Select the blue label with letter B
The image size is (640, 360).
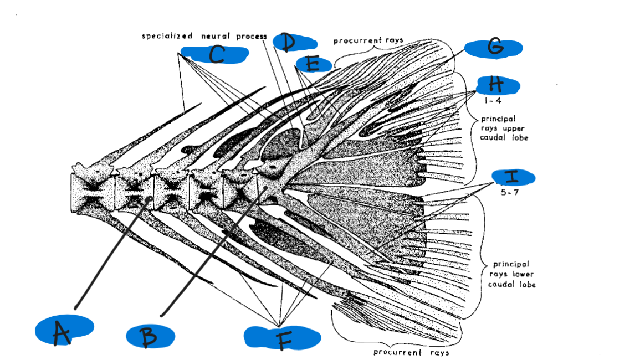coord(150,336)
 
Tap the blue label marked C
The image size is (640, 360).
coord(214,54)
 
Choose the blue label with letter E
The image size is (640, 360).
coord(313,64)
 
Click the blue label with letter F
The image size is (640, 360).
coord(282,337)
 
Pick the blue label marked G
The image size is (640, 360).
coord(493,48)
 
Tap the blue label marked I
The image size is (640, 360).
coord(513,177)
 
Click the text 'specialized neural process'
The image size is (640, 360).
coord(204,36)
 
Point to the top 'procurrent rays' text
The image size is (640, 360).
coord(368,40)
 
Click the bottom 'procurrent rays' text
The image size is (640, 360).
coord(411,352)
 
